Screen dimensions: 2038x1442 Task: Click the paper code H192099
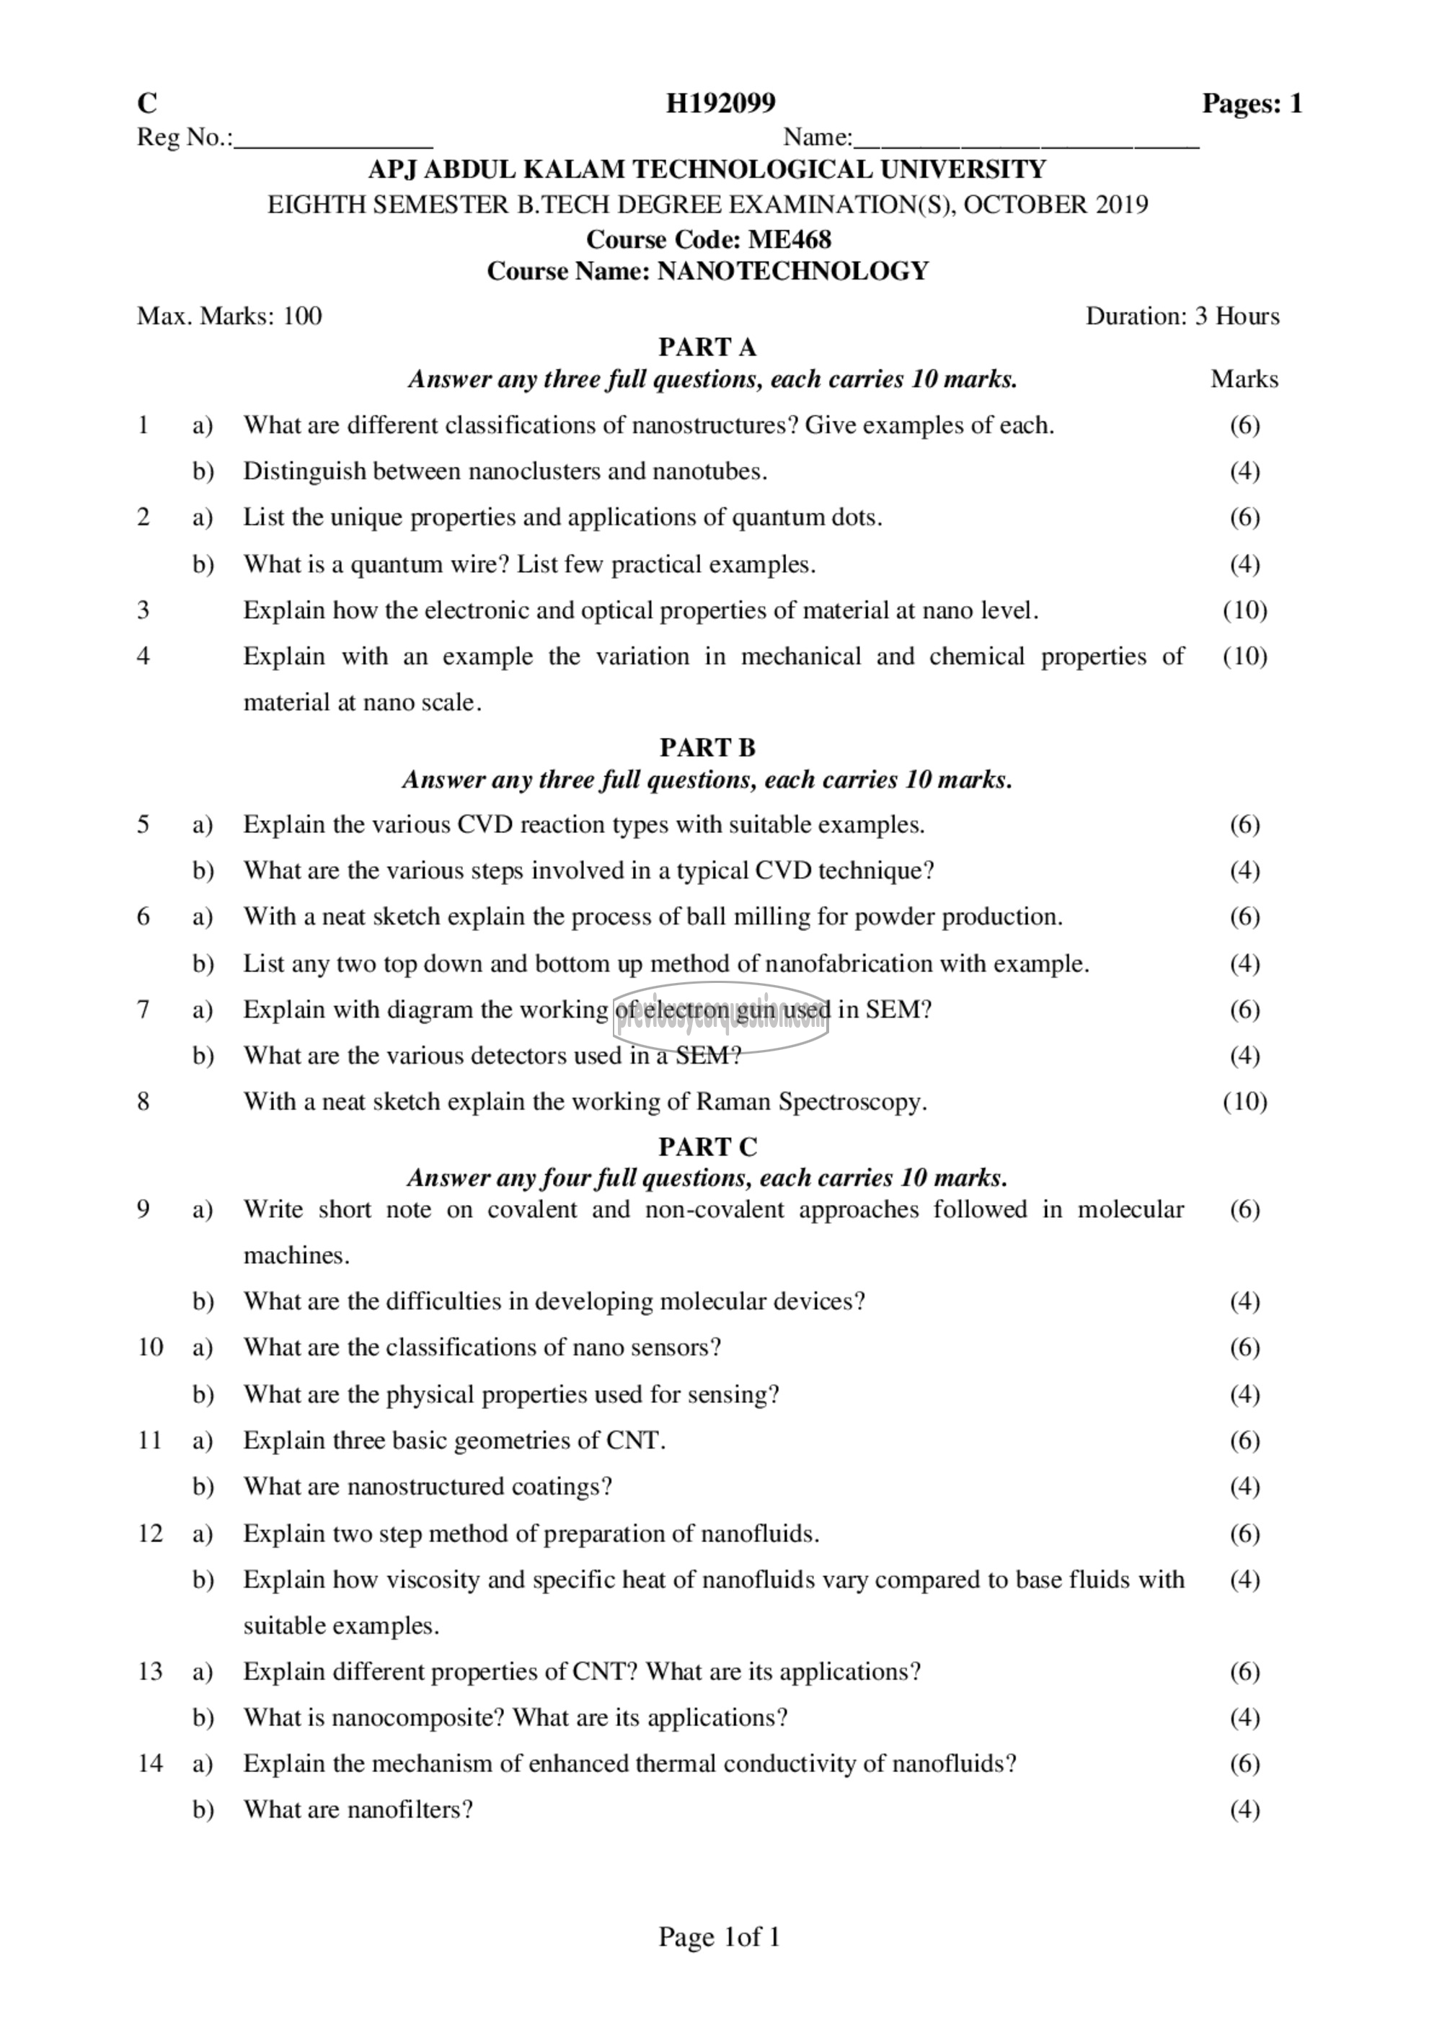tap(720, 104)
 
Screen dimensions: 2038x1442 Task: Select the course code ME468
tap(789, 240)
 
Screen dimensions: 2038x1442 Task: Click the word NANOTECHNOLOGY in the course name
tap(792, 271)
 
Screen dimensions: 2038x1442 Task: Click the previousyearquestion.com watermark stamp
tap(720, 1019)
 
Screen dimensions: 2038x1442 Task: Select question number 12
tap(150, 1533)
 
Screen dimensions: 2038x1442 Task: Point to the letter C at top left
tap(146, 104)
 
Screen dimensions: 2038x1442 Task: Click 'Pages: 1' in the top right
tap(1252, 104)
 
